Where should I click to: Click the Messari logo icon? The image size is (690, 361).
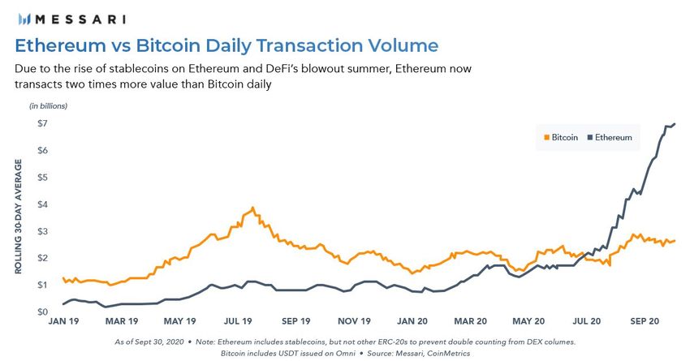pyautogui.click(x=24, y=18)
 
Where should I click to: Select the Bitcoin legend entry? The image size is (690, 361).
pyautogui.click(x=560, y=137)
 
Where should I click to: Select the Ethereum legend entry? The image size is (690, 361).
pyautogui.click(x=610, y=137)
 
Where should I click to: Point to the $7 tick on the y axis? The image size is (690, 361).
pyautogui.click(x=38, y=123)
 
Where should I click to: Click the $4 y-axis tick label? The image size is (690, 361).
pyautogui.click(x=38, y=204)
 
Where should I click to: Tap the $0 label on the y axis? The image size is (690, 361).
pyautogui.click(x=38, y=312)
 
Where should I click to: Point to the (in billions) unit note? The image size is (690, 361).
pyautogui.click(x=49, y=107)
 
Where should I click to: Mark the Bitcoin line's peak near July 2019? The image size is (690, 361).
pyautogui.click(x=253, y=208)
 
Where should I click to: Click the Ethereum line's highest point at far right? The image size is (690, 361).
pyautogui.click(x=675, y=123)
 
